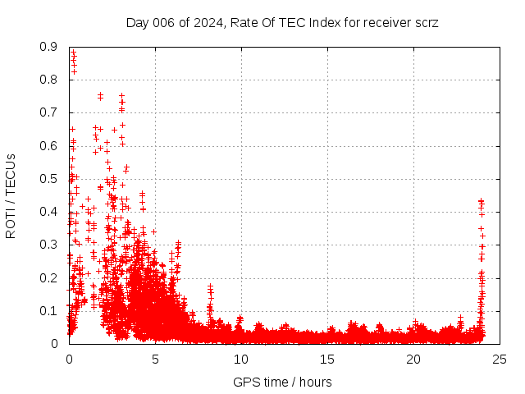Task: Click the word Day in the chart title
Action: point(138,22)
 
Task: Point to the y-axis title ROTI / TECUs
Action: point(11,195)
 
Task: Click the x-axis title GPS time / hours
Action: point(282,382)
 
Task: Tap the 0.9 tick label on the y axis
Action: point(48,48)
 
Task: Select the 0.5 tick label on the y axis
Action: point(48,179)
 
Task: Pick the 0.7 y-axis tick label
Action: point(48,113)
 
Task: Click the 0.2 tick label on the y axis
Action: point(48,277)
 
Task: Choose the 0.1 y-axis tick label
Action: point(48,311)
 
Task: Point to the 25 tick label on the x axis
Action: point(500,359)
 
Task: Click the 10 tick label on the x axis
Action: point(241,359)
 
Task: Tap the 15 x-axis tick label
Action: point(327,359)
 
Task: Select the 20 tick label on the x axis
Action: point(413,359)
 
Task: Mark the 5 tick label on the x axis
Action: point(155,359)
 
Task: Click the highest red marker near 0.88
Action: point(73,53)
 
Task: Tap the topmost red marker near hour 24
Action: point(481,199)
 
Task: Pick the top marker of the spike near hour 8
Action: point(211,286)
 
